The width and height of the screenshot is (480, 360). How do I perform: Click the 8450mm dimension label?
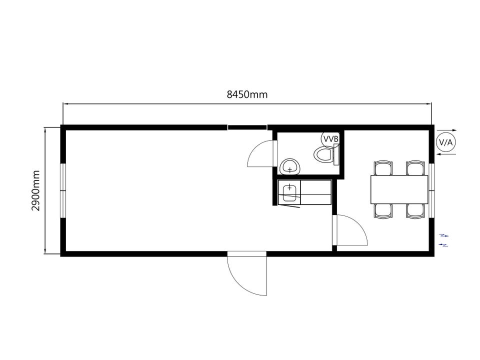pos(247,94)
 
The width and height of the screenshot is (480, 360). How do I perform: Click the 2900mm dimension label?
pos(36,190)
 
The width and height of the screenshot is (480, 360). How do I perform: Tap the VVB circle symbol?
pos(330,139)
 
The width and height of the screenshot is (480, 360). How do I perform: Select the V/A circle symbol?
pos(445,142)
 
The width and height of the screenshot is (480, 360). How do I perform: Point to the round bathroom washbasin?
pos(289,167)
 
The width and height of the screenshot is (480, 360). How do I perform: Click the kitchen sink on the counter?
pos(289,193)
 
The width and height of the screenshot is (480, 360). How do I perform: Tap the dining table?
pos(399,189)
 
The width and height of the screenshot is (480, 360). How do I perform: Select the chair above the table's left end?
pos(383,168)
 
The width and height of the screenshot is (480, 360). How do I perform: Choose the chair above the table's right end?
pos(415,168)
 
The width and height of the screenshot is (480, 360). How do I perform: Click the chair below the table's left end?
pos(383,211)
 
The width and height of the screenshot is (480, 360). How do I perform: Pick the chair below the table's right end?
pos(415,211)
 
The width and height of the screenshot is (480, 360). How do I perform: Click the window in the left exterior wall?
pos(63,190)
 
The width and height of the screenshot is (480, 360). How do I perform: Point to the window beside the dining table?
pos(431,190)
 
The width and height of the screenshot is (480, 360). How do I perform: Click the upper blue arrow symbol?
pos(444,235)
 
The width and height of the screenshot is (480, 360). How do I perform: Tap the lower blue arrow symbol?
pos(443,244)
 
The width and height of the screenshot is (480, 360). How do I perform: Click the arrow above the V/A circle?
pos(446,130)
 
